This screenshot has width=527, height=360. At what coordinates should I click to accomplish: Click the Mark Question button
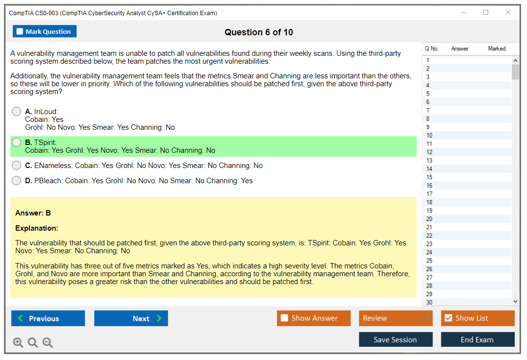[45, 31]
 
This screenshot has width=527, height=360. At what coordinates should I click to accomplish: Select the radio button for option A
[17, 112]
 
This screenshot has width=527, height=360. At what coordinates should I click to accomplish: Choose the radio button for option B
[17, 143]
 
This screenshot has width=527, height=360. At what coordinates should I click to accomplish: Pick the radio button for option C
[17, 165]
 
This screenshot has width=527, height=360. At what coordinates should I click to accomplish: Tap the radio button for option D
[17, 181]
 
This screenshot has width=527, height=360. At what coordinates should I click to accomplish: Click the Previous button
[48, 318]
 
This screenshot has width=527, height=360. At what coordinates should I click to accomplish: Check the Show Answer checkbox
[284, 318]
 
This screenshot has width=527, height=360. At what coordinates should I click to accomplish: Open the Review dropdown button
[396, 318]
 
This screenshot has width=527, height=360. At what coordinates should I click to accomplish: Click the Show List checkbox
[449, 318]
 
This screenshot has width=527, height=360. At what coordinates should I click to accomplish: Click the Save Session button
[396, 339]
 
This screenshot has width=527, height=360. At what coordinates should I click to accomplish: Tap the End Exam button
[477, 339]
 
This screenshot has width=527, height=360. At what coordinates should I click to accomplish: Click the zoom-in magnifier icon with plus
[18, 342]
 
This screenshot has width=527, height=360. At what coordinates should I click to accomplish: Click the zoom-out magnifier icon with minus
[48, 342]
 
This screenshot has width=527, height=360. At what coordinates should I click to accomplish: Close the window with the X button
[508, 12]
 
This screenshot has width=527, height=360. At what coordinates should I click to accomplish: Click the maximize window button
[486, 12]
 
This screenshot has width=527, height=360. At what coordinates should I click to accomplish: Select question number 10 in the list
[429, 135]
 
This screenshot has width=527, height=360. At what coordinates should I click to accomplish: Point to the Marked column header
[497, 48]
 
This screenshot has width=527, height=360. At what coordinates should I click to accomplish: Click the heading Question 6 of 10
[259, 32]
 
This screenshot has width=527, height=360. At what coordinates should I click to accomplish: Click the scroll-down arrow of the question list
[515, 302]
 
